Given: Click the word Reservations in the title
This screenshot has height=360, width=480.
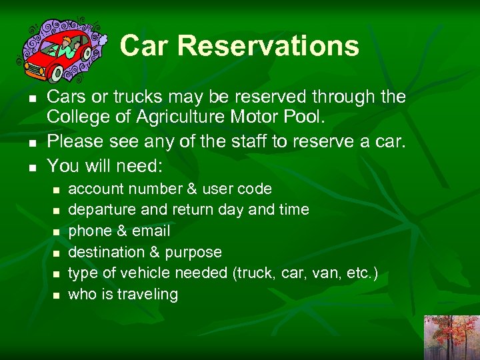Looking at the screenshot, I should coord(268,46).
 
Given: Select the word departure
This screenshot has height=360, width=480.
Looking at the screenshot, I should coord(100,210).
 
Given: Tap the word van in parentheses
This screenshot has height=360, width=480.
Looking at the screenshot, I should coord(326,273).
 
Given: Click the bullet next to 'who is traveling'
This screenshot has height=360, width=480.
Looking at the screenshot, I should coord(57,295).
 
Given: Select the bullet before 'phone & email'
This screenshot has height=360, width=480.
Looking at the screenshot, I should coord(57,231).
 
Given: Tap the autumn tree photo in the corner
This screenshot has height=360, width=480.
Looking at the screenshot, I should coord(451,337).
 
